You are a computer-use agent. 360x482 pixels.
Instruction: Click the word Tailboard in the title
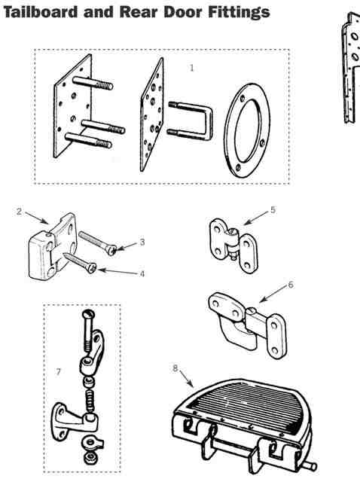(41, 12)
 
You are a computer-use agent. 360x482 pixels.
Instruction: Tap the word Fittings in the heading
(239, 13)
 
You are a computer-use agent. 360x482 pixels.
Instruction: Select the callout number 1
(192, 68)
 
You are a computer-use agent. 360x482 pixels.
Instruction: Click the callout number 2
(20, 212)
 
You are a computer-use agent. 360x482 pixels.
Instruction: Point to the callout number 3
(142, 243)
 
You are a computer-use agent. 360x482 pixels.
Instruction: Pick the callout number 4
(142, 273)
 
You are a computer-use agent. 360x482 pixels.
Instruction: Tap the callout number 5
(273, 210)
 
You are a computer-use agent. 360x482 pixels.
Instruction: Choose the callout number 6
(291, 285)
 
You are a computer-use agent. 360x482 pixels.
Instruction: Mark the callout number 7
(58, 372)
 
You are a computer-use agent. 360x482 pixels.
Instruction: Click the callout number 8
(175, 368)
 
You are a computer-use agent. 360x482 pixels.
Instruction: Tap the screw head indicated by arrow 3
(112, 250)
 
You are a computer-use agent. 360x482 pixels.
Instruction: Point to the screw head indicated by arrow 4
(92, 268)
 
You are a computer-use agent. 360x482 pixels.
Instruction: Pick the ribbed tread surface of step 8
(249, 403)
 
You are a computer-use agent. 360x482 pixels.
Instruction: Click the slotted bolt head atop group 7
(89, 315)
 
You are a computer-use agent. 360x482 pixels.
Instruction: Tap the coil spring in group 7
(90, 401)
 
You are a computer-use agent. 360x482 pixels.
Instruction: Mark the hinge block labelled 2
(52, 246)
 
